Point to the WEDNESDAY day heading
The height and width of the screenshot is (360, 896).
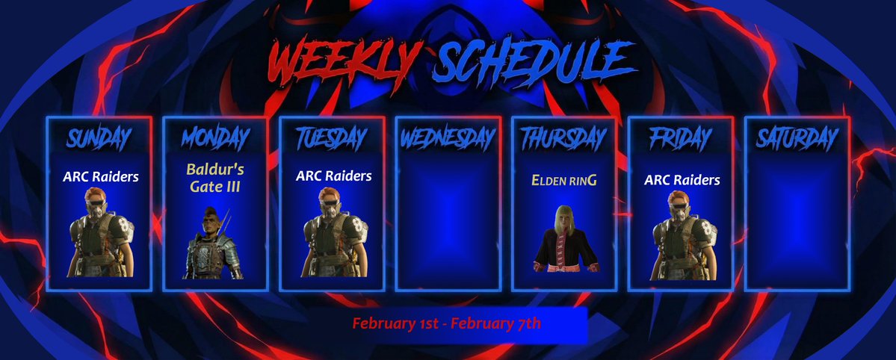448,138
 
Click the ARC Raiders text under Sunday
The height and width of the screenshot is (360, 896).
100,178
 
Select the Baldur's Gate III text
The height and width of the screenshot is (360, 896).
214,178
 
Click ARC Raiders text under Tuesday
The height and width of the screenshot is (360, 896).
333,177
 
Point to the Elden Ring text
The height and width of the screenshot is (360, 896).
563,180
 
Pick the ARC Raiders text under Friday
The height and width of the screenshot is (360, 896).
682,180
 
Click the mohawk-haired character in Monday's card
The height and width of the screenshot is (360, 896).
214,243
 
